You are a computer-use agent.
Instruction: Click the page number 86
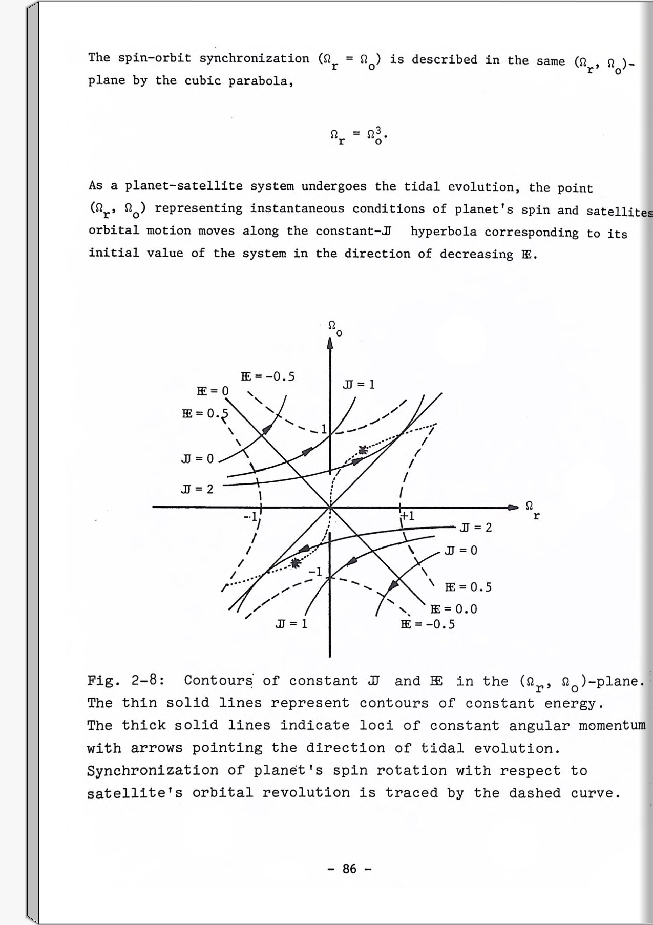[349, 869]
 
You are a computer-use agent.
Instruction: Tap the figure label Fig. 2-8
[125, 681]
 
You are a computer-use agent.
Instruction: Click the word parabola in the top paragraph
[261, 81]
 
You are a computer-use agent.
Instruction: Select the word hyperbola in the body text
[444, 232]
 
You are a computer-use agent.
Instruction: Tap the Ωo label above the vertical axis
[334, 327]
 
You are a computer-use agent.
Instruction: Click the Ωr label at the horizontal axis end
[533, 509]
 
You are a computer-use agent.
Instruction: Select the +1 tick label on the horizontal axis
[408, 516]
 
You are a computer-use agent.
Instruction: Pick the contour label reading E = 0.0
[454, 609]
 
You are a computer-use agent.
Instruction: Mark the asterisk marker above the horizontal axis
[363, 450]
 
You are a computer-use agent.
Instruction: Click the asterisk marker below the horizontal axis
[295, 563]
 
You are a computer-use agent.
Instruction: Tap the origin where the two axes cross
[330, 508]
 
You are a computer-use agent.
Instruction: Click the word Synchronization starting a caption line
[153, 771]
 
